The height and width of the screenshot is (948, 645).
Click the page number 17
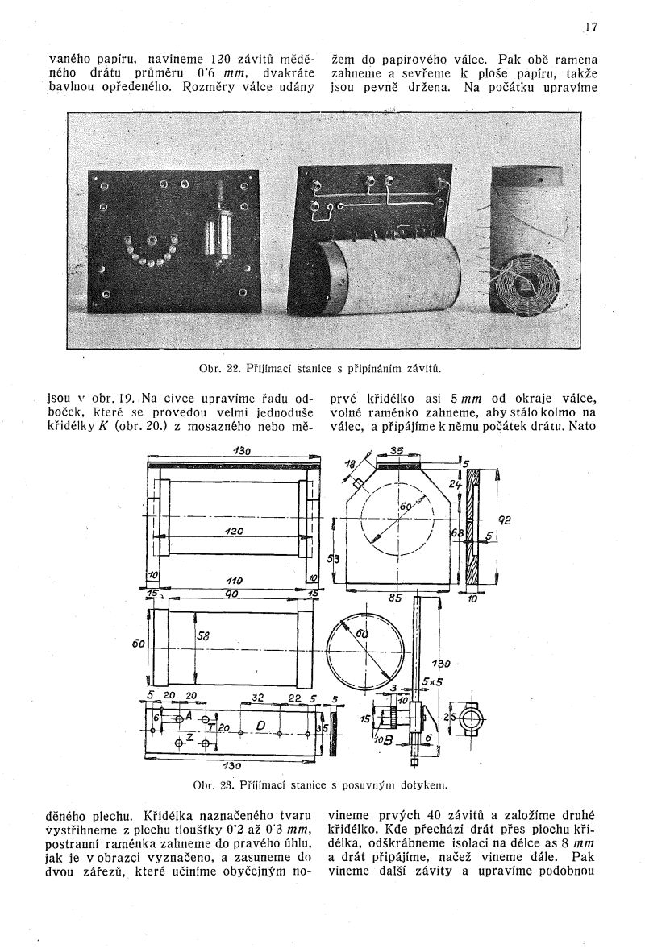pos(591,26)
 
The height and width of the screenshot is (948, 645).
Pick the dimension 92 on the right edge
pos(506,520)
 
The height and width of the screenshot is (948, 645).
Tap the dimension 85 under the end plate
pos(395,598)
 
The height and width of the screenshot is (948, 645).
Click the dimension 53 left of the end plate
pos(333,558)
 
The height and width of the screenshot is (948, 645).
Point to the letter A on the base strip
pos(188,714)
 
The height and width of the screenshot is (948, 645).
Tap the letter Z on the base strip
pos(189,736)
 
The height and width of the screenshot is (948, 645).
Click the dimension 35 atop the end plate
pos(397,451)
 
